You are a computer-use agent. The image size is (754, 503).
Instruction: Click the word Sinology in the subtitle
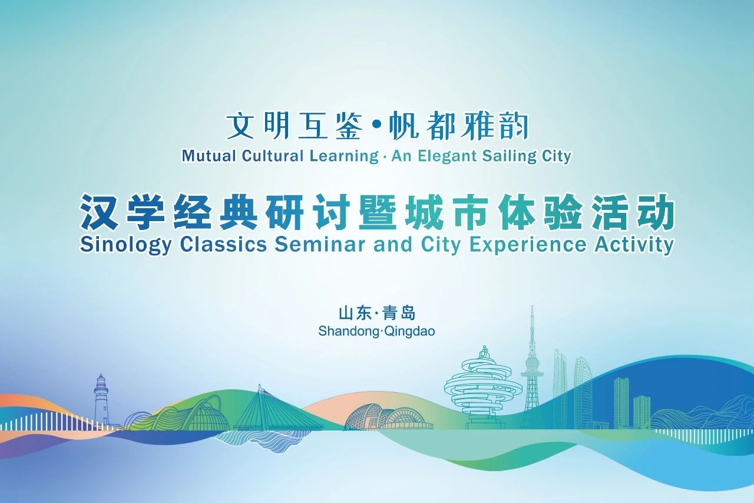pyautogui.click(x=125, y=245)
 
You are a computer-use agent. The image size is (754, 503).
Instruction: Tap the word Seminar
pyautogui.click(x=322, y=244)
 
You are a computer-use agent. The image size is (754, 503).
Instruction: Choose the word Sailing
pyautogui.click(x=509, y=157)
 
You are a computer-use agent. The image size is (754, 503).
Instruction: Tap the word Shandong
pyautogui.click(x=348, y=331)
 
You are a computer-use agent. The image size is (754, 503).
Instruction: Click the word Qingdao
pyautogui.click(x=409, y=331)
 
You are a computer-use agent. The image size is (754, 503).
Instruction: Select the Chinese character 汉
pyautogui.click(x=100, y=212)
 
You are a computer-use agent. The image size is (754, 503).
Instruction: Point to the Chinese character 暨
pyautogui.click(x=378, y=212)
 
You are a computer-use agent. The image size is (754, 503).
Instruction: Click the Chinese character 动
pyautogui.click(x=656, y=212)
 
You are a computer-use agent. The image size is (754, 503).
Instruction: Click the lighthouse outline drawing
pyautogui.click(x=101, y=400)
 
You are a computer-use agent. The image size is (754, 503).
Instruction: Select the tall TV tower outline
pyautogui.click(x=532, y=367)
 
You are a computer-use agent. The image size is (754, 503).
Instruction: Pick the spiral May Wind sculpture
pyautogui.click(x=484, y=387)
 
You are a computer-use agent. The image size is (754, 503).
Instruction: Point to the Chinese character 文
pyautogui.click(x=240, y=126)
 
